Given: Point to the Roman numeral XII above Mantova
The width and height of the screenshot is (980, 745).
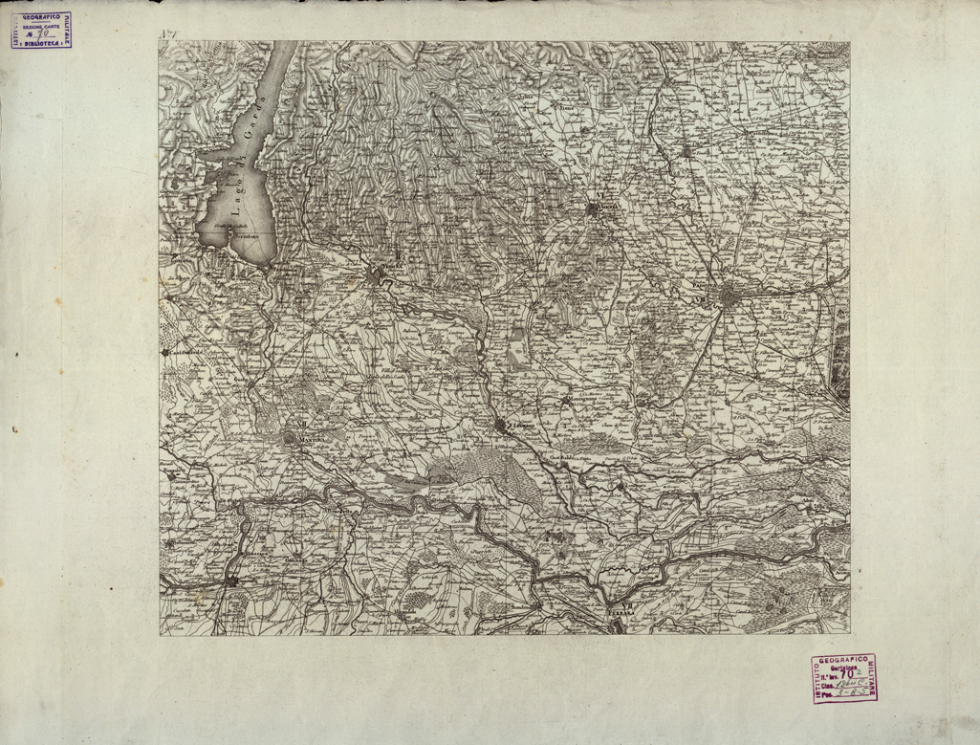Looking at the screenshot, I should coord(300,426).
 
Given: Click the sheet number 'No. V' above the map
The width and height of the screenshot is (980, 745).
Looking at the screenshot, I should coord(169,36).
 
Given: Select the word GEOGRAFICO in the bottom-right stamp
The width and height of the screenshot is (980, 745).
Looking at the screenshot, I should coord(844,662).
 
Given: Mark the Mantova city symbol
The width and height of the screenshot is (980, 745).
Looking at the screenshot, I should coord(289,438).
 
